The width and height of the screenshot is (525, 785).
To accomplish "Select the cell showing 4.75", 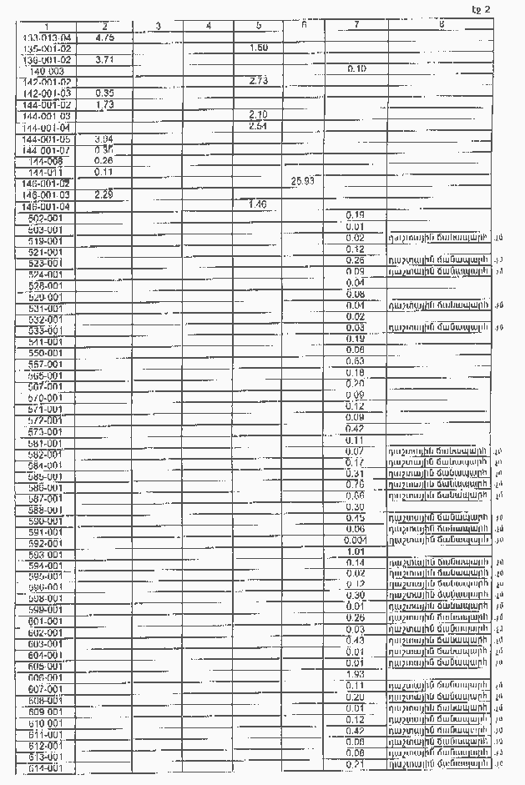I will coord(104,38).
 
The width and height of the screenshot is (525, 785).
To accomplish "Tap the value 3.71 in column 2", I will coord(104,60).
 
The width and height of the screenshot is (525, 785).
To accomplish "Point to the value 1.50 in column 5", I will coord(258,48).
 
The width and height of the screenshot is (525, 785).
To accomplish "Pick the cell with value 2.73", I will coord(258,80).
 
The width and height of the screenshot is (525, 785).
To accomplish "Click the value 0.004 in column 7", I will coord(356,540).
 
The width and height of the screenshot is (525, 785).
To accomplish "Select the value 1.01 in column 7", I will coord(356,551).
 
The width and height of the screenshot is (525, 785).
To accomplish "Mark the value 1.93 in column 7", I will coord(356,673).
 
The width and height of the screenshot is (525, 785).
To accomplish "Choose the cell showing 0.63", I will coord(356,361).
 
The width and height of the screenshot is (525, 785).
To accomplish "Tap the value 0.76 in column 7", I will coord(356,484).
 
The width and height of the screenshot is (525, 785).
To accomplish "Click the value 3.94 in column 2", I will coord(104,138).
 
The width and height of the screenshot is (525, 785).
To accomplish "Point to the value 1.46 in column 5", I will coord(258,204).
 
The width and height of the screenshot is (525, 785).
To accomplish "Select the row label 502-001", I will coord(45,218).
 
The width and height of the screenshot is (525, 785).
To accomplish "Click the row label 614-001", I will coord(45,767).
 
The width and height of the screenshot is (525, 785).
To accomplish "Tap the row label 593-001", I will coord(45,555).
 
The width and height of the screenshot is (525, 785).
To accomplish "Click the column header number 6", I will coord(303,24).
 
